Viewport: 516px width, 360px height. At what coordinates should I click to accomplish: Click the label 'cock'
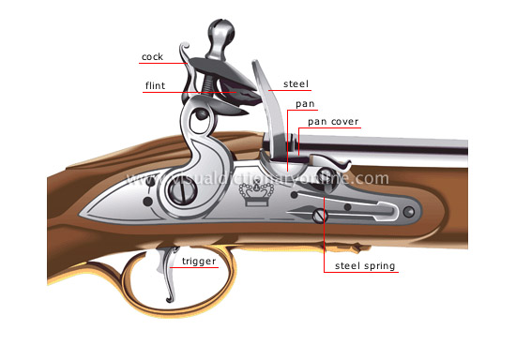(x=151, y=57)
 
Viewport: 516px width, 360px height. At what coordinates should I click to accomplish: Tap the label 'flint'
(x=156, y=86)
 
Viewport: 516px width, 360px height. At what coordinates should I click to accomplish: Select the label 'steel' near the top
(x=296, y=84)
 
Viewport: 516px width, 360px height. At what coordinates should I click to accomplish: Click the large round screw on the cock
(x=180, y=192)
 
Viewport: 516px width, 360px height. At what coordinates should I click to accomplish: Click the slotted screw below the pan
(x=320, y=217)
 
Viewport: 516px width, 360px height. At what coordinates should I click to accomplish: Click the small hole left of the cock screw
(x=148, y=200)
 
